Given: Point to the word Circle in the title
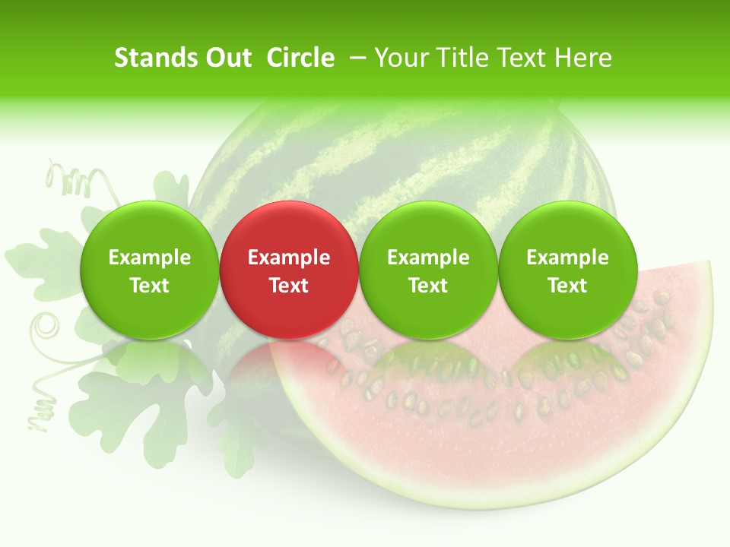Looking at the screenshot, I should pyautogui.click(x=300, y=58).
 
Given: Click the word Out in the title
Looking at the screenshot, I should pyautogui.click(x=227, y=58).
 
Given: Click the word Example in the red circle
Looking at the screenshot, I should pyautogui.click(x=289, y=258).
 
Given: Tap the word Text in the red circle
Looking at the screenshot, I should pyautogui.click(x=289, y=286).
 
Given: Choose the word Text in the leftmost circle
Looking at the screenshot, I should pyautogui.click(x=149, y=286).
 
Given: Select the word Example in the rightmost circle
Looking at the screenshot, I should pyautogui.click(x=567, y=258).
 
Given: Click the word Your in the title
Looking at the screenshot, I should pyautogui.click(x=400, y=58).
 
